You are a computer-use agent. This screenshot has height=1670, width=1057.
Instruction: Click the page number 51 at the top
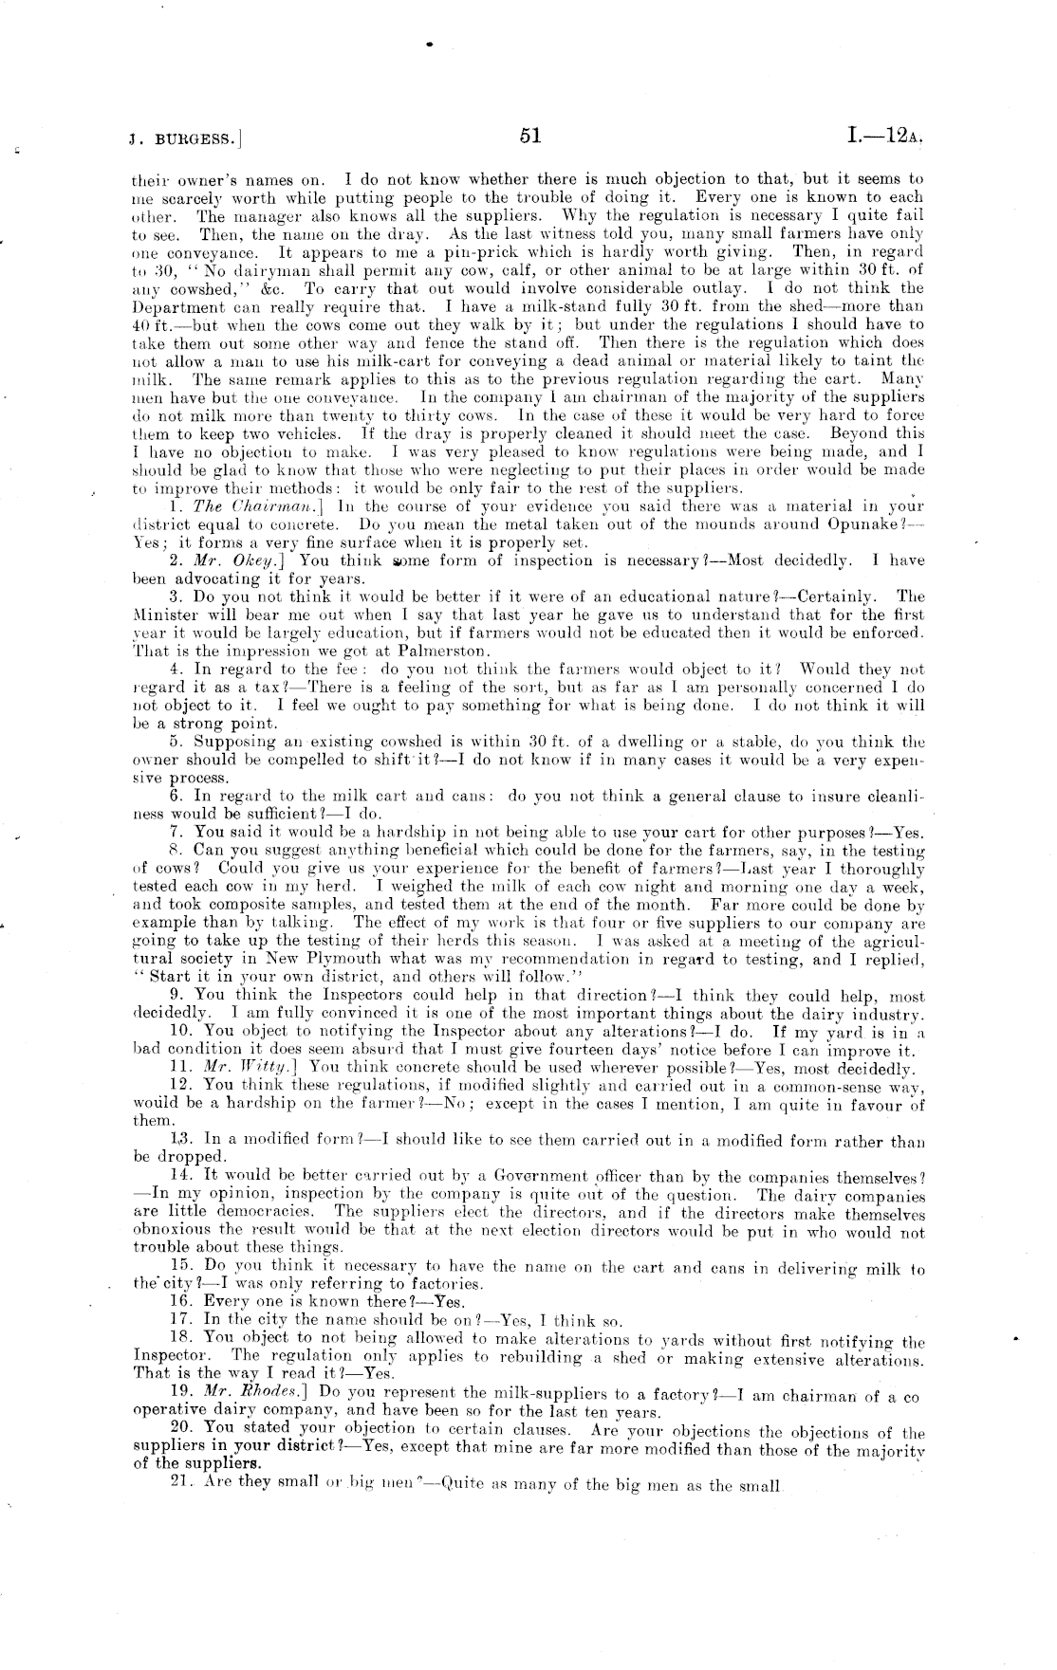pos(529,137)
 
